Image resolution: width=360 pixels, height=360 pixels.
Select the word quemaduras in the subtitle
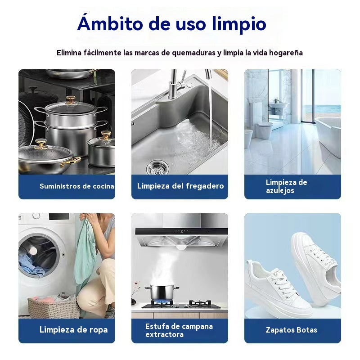click(193, 53)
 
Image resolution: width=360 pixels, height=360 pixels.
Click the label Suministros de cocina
click(76, 186)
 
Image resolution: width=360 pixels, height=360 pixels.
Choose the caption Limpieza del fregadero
click(180, 186)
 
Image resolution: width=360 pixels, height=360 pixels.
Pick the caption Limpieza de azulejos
click(286, 186)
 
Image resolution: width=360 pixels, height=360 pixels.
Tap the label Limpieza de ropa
click(73, 330)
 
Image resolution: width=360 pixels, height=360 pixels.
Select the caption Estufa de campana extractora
click(179, 330)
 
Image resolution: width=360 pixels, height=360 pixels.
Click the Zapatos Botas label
click(291, 330)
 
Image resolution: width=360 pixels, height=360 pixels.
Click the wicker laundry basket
click(53, 307)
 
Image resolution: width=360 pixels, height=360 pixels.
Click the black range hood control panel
click(181, 231)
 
